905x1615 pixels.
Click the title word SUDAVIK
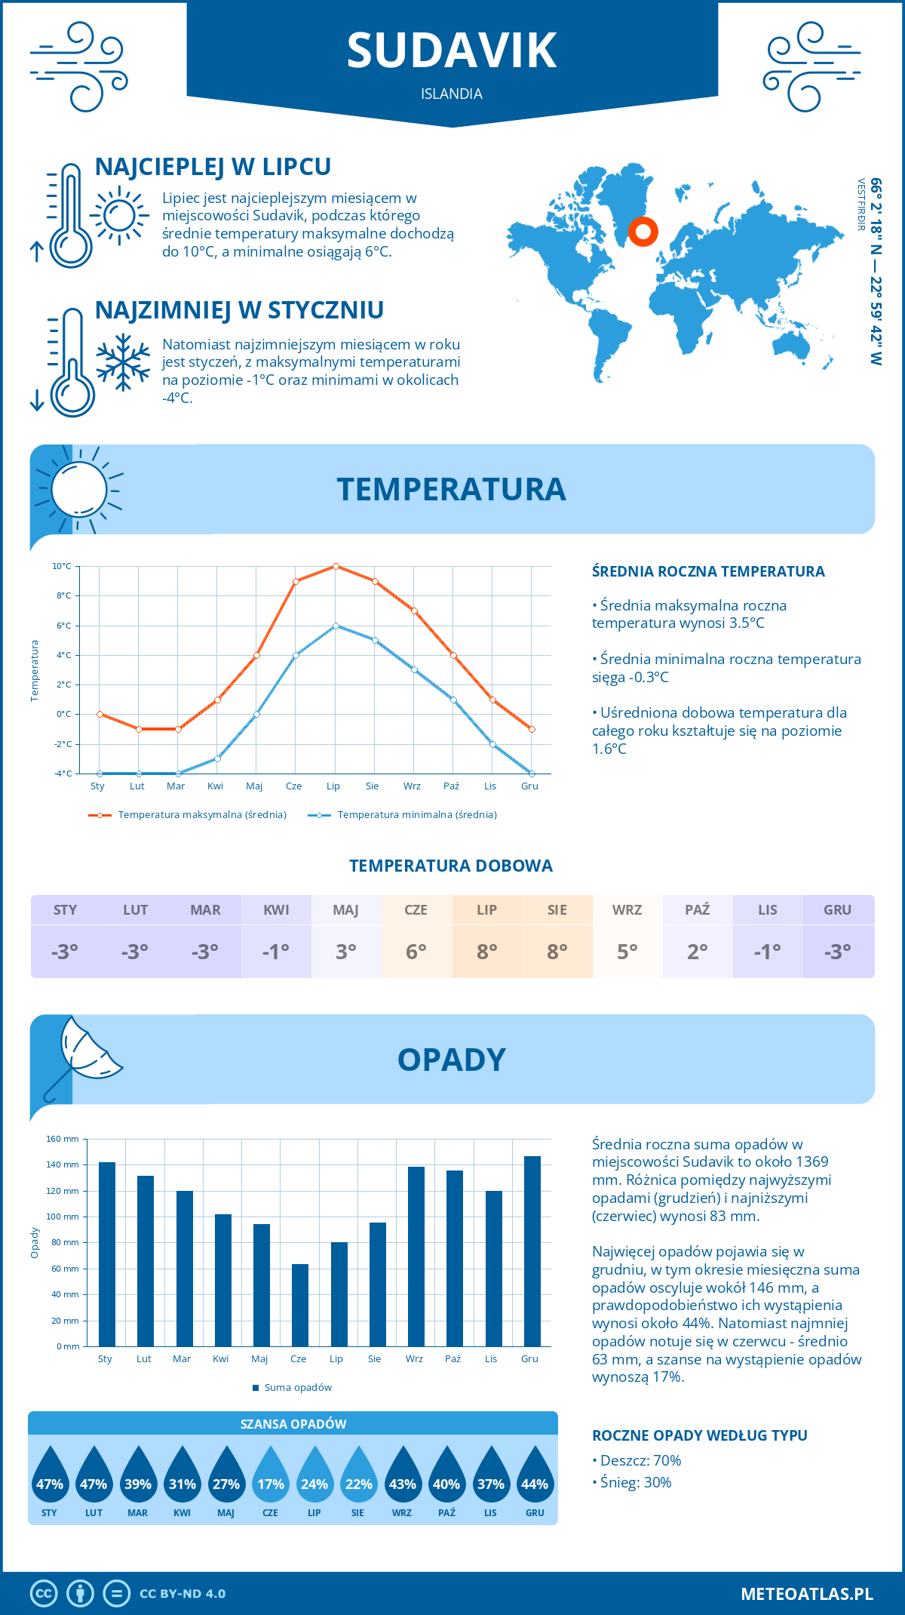[x=452, y=51]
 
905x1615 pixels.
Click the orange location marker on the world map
[x=643, y=231]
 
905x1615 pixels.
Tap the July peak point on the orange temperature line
[x=336, y=566]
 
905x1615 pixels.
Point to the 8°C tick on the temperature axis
[x=63, y=595]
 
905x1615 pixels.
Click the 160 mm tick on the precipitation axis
[x=63, y=1139]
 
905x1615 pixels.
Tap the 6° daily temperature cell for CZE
[x=416, y=952]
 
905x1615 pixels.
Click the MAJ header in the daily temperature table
[x=346, y=910]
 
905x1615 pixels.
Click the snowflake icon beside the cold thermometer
[x=123, y=362]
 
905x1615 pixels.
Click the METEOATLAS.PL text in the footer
[x=807, y=1593]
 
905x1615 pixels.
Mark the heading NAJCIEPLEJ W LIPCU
[x=213, y=167]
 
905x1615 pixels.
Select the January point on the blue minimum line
[x=100, y=774]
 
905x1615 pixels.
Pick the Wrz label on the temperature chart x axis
[x=412, y=786]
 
